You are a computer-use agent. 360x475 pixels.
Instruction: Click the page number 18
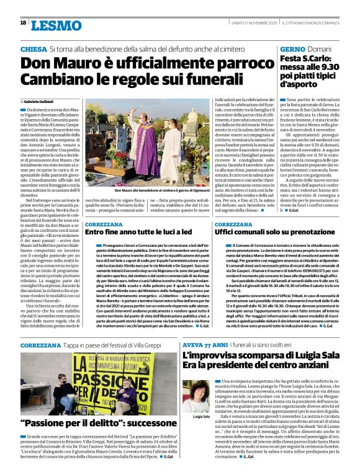(x=22, y=23)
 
